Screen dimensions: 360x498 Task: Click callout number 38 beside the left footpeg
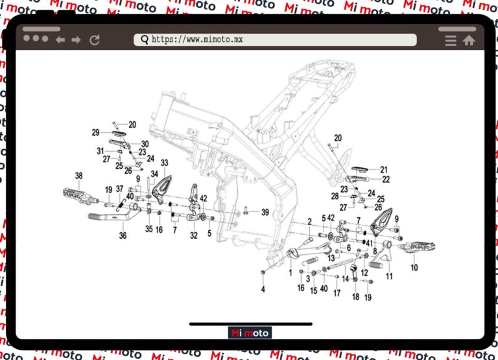point(79,176)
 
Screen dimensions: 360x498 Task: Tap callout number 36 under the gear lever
point(123,236)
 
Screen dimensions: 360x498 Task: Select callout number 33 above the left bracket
point(165,163)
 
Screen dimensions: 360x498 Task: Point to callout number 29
point(95,132)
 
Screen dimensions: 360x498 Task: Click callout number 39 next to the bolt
point(265,212)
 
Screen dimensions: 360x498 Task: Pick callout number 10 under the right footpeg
point(414,267)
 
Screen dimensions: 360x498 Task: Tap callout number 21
point(384,169)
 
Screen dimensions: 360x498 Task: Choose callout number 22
point(386,179)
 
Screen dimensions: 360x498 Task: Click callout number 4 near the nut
point(263,289)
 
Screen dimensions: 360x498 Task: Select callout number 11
point(389,276)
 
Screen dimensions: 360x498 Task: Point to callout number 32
point(193,236)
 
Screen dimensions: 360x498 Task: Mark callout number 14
point(346,278)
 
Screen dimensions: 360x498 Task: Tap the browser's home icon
point(469,40)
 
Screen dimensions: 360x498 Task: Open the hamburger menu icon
point(451,40)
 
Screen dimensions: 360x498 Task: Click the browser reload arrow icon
point(95,40)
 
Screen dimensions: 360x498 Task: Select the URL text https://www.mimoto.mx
point(197,40)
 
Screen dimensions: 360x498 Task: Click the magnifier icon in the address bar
point(144,40)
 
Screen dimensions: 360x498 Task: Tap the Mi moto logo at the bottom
point(250,333)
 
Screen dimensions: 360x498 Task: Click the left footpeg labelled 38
point(77,193)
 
